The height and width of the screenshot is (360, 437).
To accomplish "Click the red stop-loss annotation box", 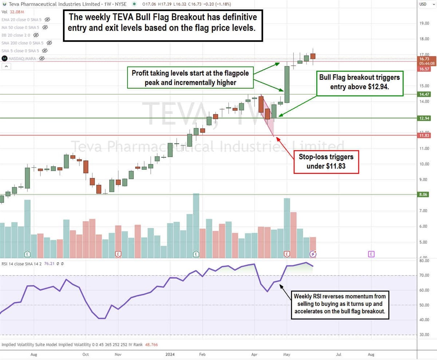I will click(x=326, y=162).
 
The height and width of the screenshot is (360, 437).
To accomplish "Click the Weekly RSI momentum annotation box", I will click(x=340, y=305).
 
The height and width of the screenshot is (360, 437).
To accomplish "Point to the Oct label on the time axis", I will click(x=85, y=354).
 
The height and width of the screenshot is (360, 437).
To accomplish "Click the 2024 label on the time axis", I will click(x=170, y=354).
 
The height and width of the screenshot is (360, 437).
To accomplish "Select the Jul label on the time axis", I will click(x=339, y=354).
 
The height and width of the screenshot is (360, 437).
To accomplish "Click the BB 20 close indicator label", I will click(x=16, y=35).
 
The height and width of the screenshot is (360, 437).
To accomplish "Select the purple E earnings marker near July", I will click(x=371, y=254).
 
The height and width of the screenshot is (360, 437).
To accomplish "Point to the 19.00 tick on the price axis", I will click(x=424, y=23).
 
